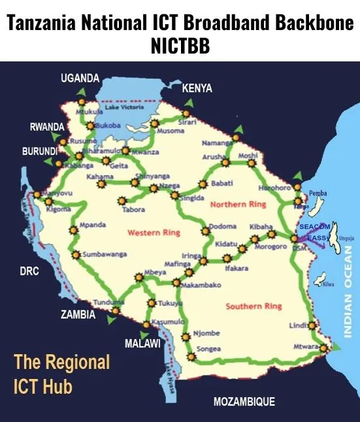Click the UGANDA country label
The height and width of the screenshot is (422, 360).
coord(80,78)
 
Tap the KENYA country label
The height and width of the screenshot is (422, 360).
coord(197,88)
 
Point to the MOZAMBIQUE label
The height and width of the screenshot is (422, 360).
coord(244,401)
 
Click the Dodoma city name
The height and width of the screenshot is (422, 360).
coord(223,228)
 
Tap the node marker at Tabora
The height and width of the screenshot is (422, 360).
coord(121,201)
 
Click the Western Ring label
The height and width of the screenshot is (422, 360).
coord(154,233)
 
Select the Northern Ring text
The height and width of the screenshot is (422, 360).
coord(238,204)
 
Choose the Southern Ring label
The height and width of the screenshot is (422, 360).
coord(254,306)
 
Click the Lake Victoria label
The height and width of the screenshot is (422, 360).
coord(124,107)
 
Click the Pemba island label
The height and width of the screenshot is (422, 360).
coord(318,193)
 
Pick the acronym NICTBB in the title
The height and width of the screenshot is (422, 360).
coord(180,47)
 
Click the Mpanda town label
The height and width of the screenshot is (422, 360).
coord(93,225)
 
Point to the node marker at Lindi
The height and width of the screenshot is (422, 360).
coord(312,325)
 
